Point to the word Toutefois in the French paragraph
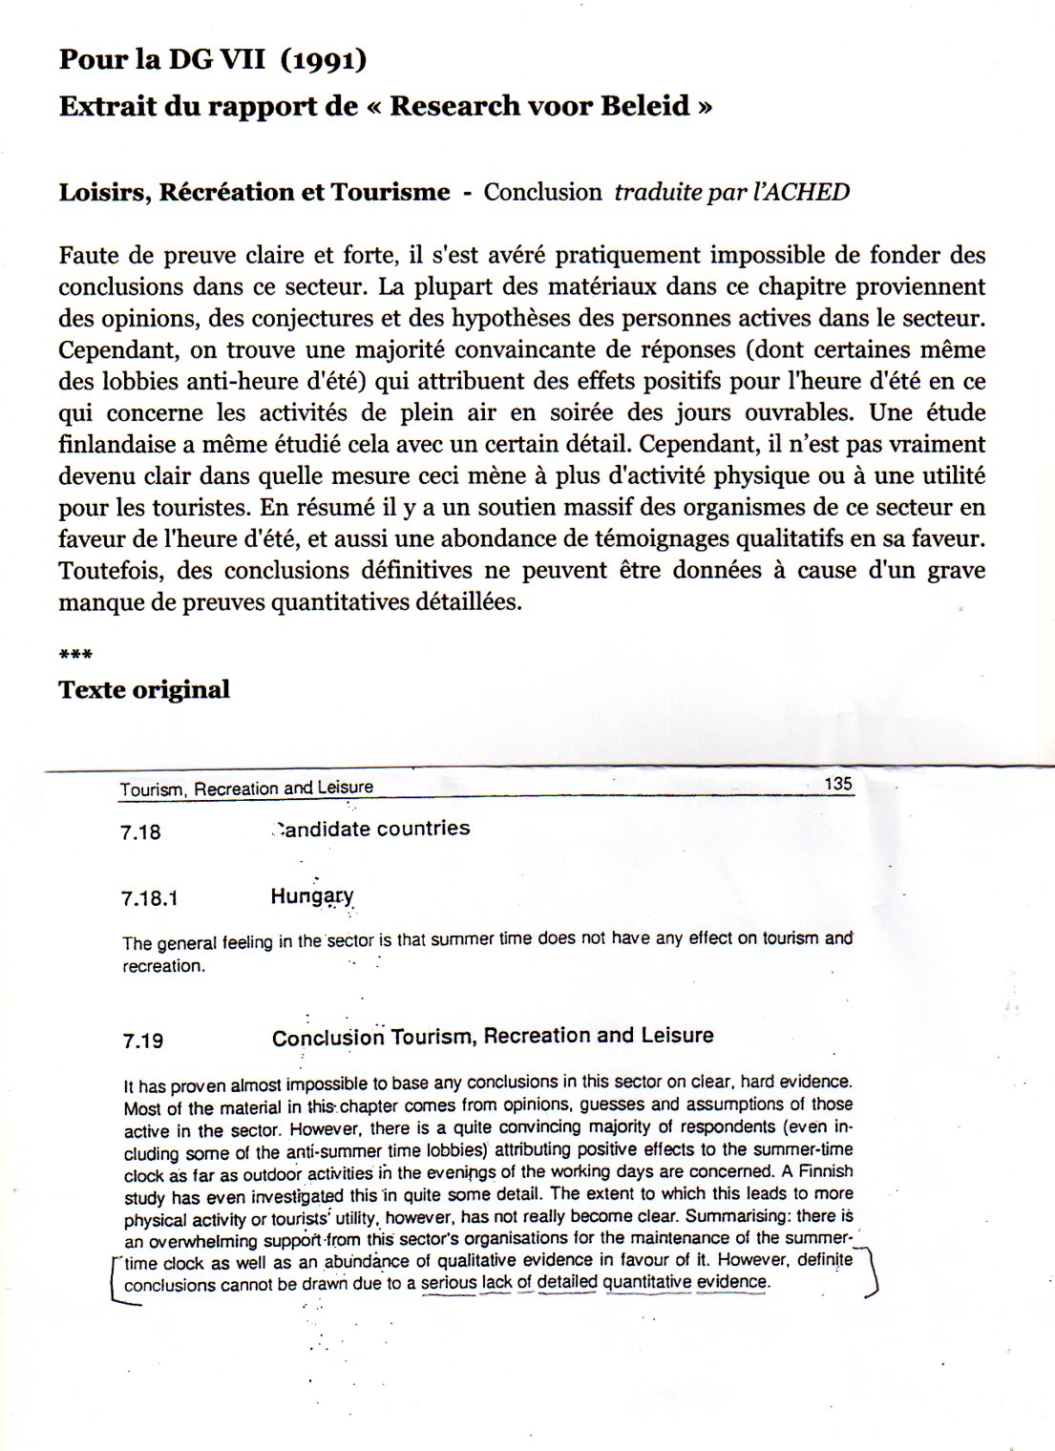(108, 570)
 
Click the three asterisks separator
(75, 656)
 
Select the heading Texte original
(144, 689)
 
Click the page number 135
(837, 784)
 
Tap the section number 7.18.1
(150, 898)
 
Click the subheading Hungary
(312, 896)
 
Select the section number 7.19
(142, 1041)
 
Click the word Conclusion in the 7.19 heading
(327, 1038)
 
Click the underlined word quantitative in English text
(646, 1282)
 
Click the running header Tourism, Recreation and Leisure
(246, 789)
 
